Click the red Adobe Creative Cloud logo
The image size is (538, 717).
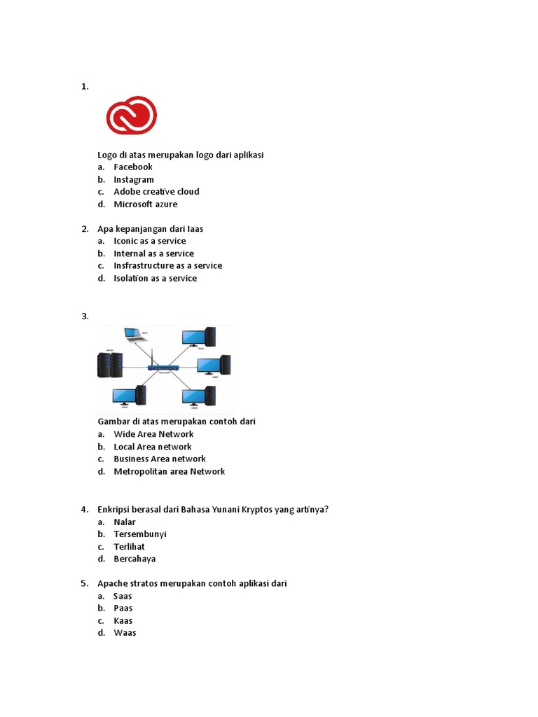pos(131,116)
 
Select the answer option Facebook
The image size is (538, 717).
pos(132,167)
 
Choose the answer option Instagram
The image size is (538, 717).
pos(133,179)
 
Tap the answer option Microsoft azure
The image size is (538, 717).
pos(145,204)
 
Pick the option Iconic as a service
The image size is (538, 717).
pos(149,241)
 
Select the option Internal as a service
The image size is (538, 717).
pos(153,253)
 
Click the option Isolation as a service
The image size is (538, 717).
pos(155,278)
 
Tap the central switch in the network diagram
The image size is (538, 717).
pos(163,367)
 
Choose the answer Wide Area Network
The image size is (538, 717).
pos(153,434)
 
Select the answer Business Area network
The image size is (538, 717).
pos(160,459)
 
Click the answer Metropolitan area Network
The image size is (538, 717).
pos(169,471)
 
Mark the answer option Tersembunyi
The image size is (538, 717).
pos(139,534)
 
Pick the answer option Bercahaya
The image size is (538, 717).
pos(134,559)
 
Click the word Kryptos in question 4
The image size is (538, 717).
pos(236,509)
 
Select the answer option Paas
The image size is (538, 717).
pos(123,608)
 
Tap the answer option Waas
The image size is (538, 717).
pos(125,633)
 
